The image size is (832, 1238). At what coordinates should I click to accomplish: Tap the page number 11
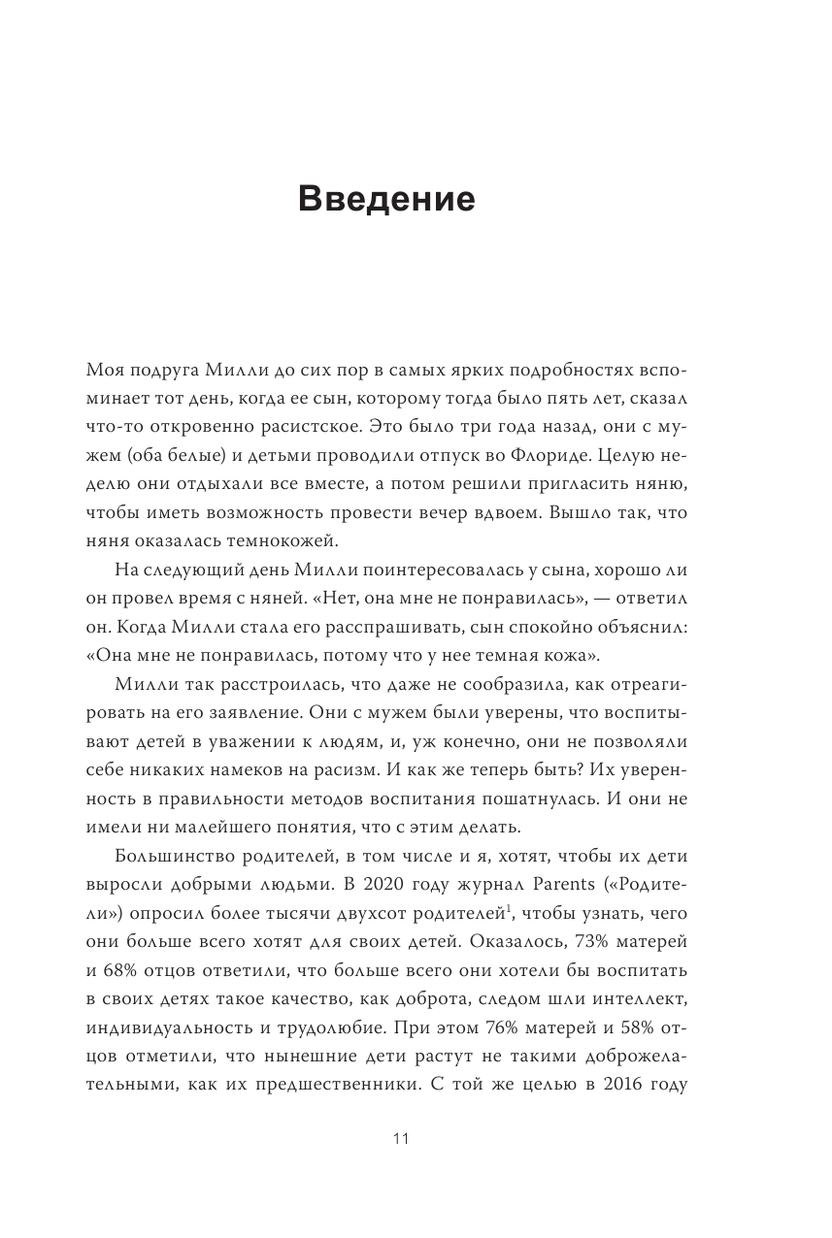pyautogui.click(x=401, y=1139)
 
